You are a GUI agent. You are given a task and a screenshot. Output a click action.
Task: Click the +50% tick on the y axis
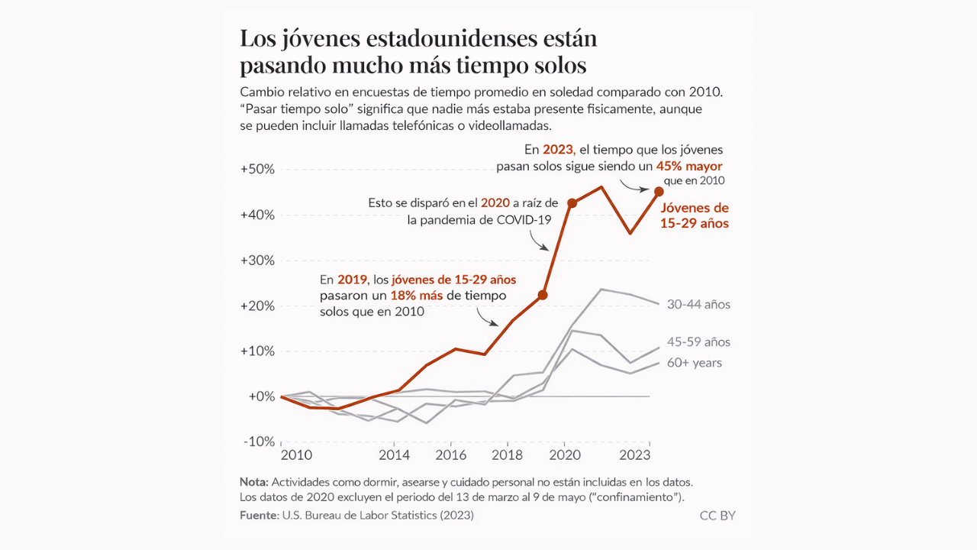256,169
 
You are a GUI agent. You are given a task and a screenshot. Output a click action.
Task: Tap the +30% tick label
256,260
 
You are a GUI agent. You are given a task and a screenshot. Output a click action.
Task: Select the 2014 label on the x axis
394,455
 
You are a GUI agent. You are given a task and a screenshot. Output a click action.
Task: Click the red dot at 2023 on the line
659,191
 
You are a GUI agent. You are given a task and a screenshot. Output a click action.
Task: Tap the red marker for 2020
572,203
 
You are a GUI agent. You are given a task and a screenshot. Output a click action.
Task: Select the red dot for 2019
543,295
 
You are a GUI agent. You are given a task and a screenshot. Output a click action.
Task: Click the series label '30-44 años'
698,305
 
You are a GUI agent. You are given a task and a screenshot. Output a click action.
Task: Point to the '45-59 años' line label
698,342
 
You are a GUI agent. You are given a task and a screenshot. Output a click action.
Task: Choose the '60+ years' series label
693,363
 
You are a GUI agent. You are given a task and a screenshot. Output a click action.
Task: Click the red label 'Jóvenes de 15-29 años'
695,215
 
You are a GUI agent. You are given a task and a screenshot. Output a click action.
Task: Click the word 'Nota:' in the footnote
254,482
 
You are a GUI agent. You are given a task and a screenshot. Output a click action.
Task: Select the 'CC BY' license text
717,516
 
